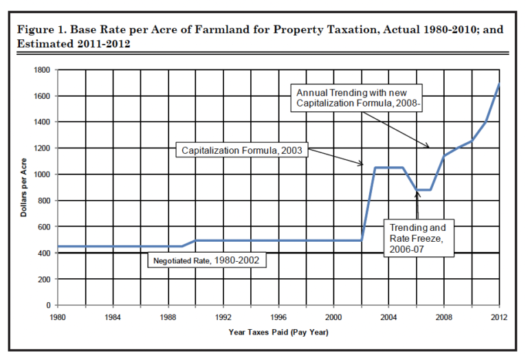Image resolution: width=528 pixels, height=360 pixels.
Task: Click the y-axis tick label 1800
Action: click(x=42, y=69)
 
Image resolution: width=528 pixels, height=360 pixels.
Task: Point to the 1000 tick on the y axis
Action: click(x=42, y=175)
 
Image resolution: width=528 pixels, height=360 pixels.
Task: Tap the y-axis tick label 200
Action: click(x=44, y=279)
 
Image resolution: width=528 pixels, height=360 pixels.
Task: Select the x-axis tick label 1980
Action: click(x=58, y=317)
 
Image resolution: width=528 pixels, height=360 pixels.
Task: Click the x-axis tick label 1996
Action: click(x=278, y=317)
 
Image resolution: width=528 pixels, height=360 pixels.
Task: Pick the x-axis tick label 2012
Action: click(x=498, y=317)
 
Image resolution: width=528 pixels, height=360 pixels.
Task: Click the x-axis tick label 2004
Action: click(x=388, y=317)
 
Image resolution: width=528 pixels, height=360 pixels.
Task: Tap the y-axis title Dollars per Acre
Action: click(x=25, y=187)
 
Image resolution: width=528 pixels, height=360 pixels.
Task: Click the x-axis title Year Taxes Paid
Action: click(x=278, y=333)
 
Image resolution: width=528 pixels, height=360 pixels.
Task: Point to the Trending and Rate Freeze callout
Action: click(x=417, y=238)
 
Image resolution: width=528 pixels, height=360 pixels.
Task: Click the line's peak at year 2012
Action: click(x=498, y=83)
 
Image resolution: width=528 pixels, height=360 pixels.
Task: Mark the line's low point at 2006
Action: click(x=417, y=190)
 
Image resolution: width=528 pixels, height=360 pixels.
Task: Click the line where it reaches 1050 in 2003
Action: click(x=375, y=168)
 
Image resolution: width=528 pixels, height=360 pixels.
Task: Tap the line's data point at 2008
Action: click(x=444, y=156)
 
